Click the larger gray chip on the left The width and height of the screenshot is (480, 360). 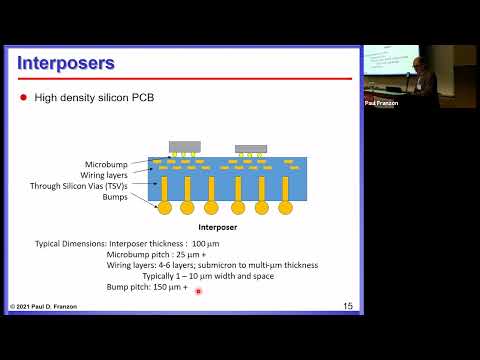[x=185, y=146]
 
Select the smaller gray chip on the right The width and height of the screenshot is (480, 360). [x=251, y=149]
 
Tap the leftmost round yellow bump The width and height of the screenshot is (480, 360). [x=164, y=208]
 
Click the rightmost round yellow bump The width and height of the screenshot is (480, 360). [x=286, y=208]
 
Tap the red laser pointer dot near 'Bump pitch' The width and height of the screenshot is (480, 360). [x=199, y=291]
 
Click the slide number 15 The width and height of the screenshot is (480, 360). [x=347, y=305]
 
